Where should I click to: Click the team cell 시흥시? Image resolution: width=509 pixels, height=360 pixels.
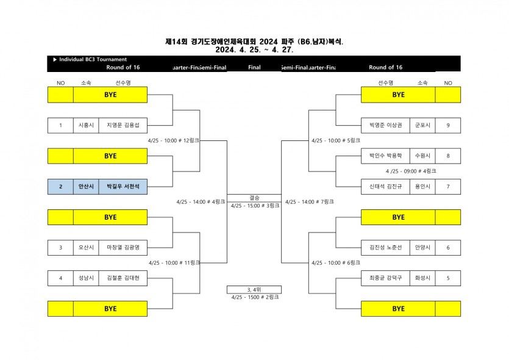tap(85, 125)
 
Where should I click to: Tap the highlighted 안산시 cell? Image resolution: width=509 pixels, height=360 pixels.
tap(85, 186)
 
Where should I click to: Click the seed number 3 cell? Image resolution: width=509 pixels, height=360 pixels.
tap(60, 247)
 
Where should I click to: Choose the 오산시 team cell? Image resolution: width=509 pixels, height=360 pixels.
tap(85, 247)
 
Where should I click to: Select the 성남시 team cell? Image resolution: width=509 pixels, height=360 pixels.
tap(85, 278)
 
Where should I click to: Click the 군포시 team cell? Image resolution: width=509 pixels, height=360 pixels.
tap(422, 125)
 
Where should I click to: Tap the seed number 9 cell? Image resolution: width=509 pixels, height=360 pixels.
tap(448, 125)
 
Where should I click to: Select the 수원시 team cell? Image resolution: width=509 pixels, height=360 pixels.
tap(422, 156)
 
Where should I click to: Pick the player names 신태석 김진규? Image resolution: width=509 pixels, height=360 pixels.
tap(385, 186)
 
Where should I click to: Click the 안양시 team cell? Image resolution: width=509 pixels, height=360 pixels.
tap(422, 247)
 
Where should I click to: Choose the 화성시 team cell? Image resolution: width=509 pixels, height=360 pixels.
tap(422, 278)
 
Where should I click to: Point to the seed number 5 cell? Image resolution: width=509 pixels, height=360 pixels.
tap(448, 278)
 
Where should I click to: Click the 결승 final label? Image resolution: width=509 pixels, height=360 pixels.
tap(254, 198)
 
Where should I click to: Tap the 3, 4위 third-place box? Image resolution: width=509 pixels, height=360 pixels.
tap(254, 289)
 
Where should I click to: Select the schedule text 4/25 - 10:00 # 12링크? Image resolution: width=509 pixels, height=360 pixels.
tap(174, 140)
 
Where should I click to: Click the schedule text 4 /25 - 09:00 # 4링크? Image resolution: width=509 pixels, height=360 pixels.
tap(411, 171)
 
